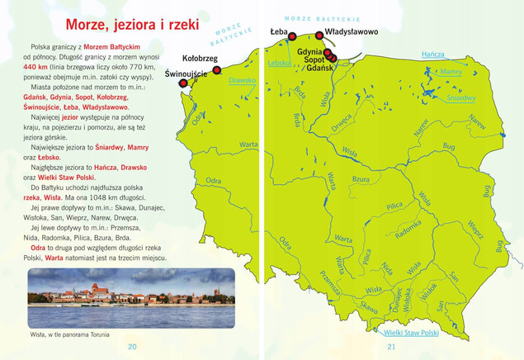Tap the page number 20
pyautogui.click(x=132, y=346)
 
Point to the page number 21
pyautogui.click(x=392, y=346)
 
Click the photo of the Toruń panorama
pyautogui.click(x=131, y=297)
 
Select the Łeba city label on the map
pyautogui.click(x=279, y=32)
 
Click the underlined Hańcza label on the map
pyautogui.click(x=433, y=54)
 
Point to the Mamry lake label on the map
pyautogui.click(x=451, y=73)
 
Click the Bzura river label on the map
pyautogui.click(x=361, y=179)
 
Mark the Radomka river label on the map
pyautogui.click(x=408, y=233)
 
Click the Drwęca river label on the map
pyautogui.click(x=341, y=122)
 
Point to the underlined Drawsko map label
pyautogui.click(x=242, y=81)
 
